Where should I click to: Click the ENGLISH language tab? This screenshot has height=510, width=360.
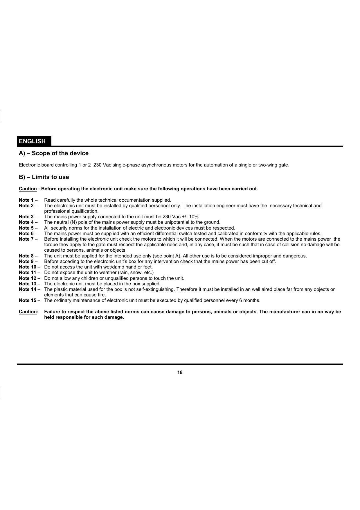coord(32,141)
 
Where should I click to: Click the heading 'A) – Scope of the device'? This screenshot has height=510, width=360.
coord(54,153)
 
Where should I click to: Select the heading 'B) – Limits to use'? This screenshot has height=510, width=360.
coord(44,177)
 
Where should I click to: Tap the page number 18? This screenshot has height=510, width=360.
coord(180,373)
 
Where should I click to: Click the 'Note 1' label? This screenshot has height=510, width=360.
coord(26,200)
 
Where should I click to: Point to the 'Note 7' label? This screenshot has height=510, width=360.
coord(26,239)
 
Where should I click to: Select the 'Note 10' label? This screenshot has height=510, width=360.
coord(28,267)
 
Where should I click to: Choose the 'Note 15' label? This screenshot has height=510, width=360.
coord(28,300)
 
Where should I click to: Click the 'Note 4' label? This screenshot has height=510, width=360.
coord(26,222)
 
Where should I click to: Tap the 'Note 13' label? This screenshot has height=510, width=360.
coord(28,284)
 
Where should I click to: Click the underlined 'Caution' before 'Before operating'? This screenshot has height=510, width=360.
coord(28,189)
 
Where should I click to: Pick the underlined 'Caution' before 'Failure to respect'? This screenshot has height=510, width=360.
coord(28,312)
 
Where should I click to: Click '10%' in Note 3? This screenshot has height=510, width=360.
coord(194,217)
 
